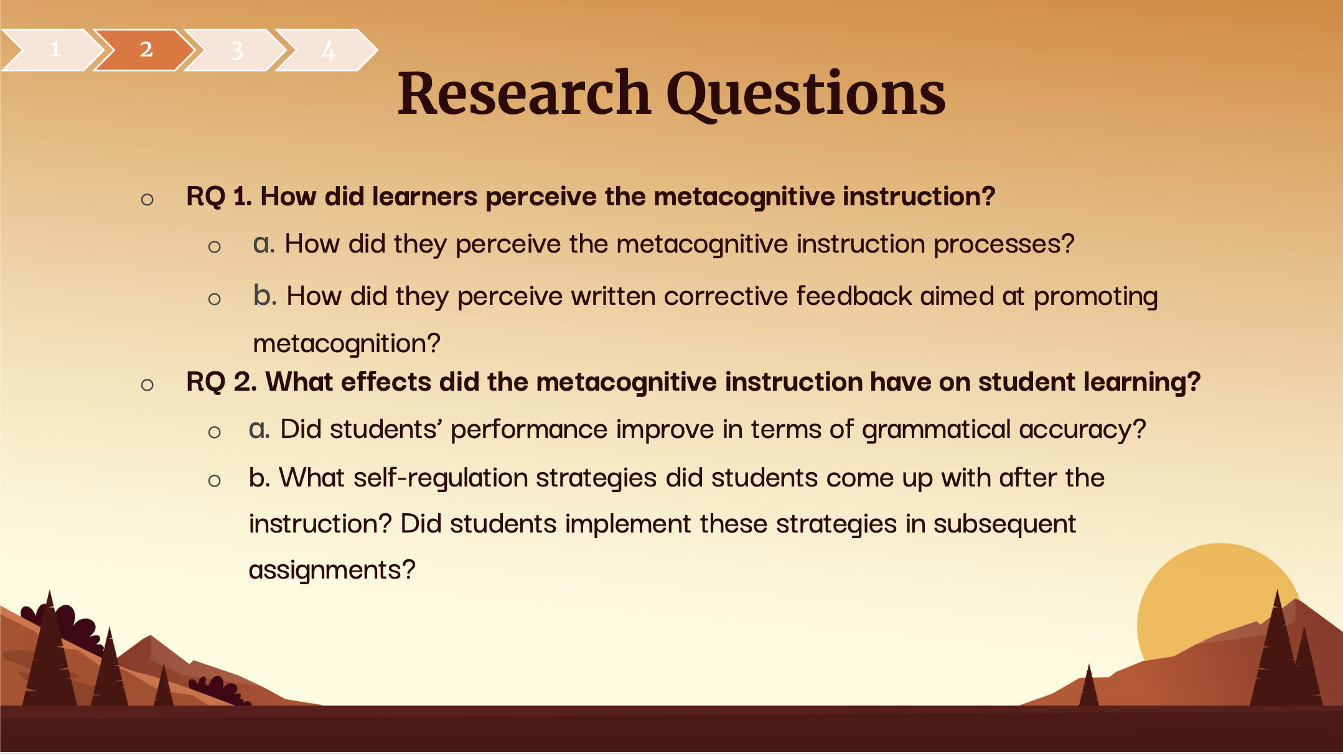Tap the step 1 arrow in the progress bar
coord(53,50)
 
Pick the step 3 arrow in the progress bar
coord(236,50)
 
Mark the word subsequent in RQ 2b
coord(1004,524)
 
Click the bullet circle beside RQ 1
coord(147,200)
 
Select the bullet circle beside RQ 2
coord(147,385)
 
